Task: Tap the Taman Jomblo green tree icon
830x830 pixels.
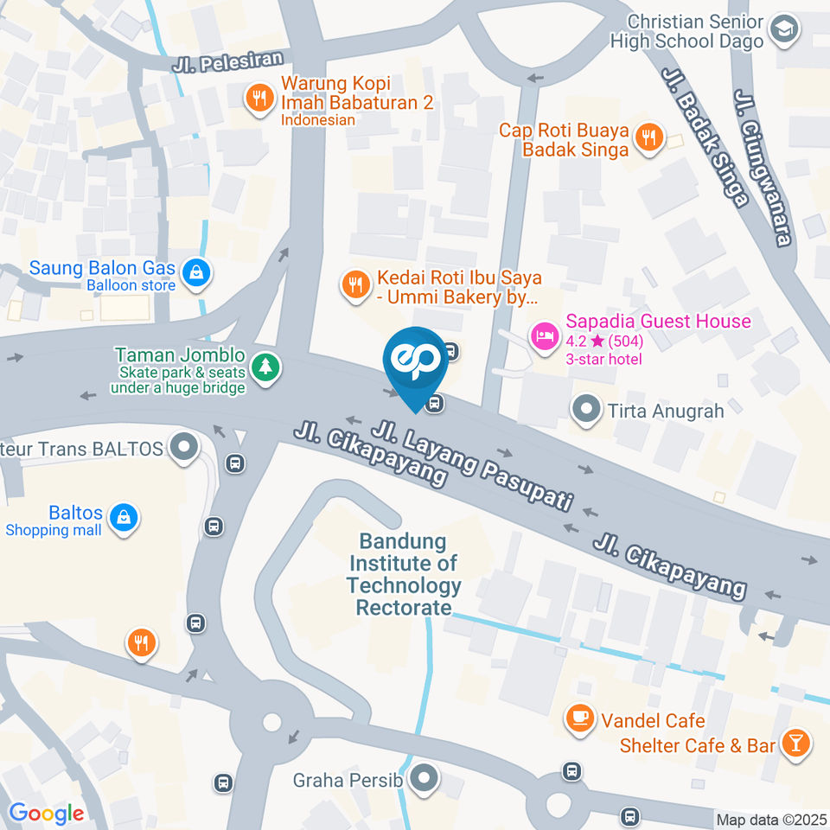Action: pos(264,367)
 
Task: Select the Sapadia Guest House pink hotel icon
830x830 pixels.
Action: pos(544,335)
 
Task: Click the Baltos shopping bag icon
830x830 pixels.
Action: pos(126,517)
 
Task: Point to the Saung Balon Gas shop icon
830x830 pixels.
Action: pos(198,271)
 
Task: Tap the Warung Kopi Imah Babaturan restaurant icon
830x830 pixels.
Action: pos(258,99)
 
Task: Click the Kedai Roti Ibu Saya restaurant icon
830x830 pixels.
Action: pos(354,284)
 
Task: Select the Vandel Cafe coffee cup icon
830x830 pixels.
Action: pos(578,717)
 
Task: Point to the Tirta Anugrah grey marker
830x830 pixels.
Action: pos(587,408)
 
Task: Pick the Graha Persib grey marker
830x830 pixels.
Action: pos(424,780)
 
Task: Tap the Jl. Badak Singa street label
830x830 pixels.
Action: pos(705,137)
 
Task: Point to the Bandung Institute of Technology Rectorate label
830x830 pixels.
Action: pos(404,575)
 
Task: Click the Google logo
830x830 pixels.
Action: pos(46,813)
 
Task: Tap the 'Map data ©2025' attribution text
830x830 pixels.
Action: pos(770,819)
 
